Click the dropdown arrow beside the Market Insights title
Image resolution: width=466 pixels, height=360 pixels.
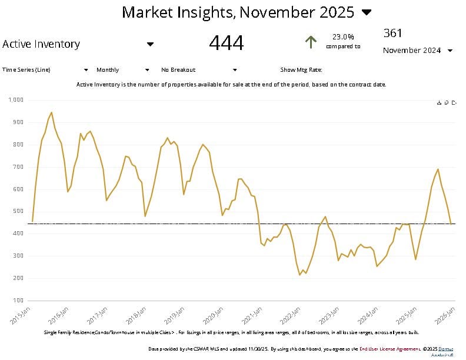click(367, 12)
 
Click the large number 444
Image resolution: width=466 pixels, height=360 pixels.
click(226, 43)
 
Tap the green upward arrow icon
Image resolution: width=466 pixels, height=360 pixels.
click(311, 42)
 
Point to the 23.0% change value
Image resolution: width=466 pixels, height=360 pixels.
click(343, 36)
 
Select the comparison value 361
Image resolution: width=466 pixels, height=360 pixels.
click(392, 33)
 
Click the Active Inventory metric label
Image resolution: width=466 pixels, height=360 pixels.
click(41, 44)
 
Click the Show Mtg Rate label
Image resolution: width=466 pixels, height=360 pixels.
click(301, 70)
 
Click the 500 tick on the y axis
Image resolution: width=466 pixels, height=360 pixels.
click(17, 211)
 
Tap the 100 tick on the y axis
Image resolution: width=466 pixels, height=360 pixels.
click(17, 301)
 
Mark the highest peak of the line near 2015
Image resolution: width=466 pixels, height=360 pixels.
click(51, 112)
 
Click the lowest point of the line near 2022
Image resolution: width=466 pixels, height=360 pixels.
click(300, 275)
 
